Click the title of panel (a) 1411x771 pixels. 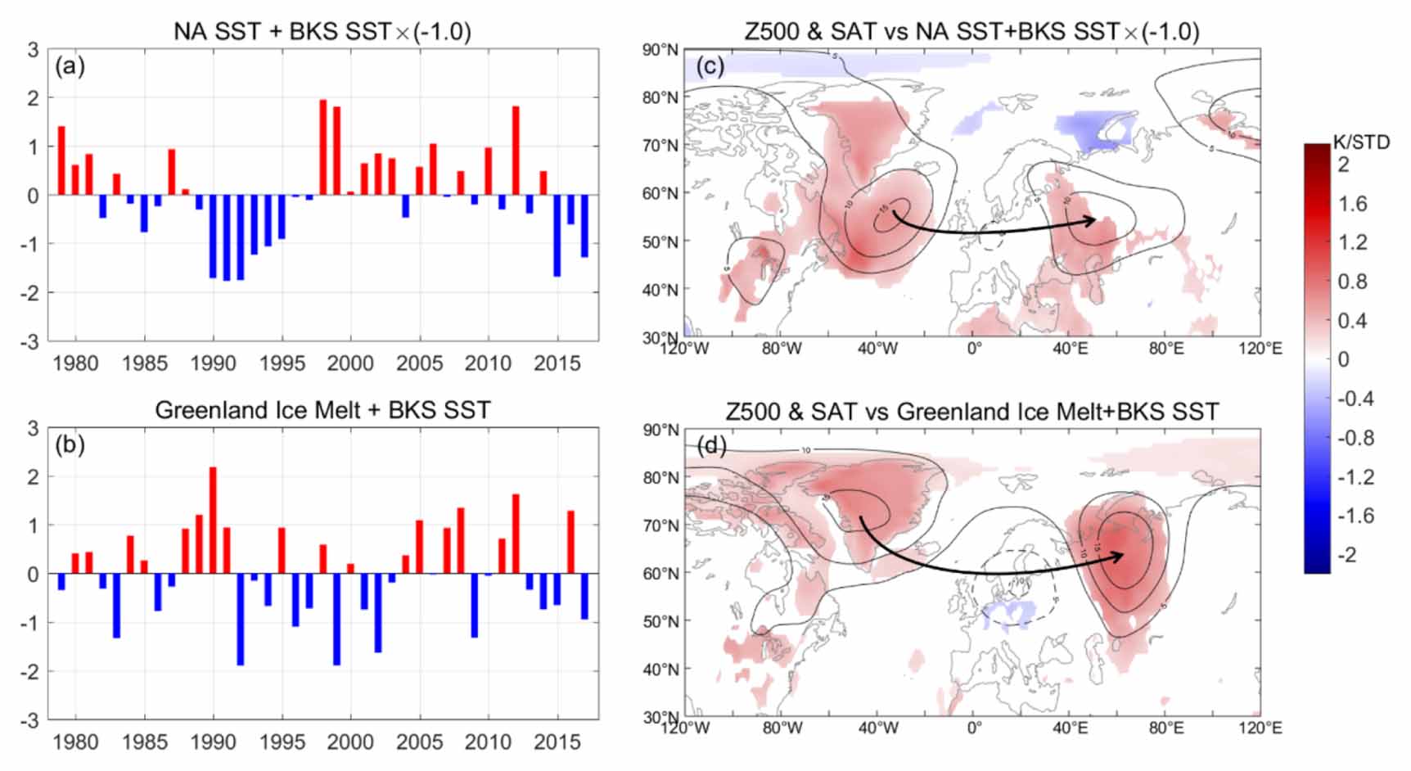(322, 31)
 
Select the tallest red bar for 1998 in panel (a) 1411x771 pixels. (323, 147)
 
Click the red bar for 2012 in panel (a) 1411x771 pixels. (516, 151)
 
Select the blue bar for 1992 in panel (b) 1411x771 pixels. (241, 619)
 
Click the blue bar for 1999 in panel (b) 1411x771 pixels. (336, 619)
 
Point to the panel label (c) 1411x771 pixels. (710, 65)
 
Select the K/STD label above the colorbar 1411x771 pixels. (1361, 142)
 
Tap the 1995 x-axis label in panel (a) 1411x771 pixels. (282, 363)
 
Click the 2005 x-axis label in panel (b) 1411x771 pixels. (419, 742)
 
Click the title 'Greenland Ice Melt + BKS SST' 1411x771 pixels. (322, 409)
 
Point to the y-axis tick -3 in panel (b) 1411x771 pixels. (34, 720)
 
